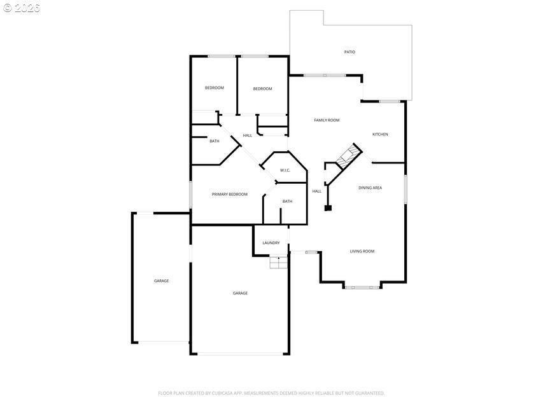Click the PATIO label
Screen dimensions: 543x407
349,52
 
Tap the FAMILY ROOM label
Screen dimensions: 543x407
327,120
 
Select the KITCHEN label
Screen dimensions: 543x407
380,134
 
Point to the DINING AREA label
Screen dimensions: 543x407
370,188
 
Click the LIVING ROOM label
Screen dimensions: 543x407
362,251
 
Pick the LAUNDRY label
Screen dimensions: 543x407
271,243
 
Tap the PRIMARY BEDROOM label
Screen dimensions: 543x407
230,195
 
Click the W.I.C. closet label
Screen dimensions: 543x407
285,170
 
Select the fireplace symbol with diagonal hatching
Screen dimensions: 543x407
348,155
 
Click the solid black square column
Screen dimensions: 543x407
328,208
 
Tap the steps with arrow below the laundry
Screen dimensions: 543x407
279,263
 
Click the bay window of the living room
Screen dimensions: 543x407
362,287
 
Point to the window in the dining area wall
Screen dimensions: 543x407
405,190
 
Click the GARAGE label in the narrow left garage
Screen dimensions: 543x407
162,280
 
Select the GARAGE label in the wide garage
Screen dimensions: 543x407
240,293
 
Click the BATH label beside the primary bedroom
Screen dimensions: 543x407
287,202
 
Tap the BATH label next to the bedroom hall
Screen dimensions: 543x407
215,141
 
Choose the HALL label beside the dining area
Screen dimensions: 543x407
317,191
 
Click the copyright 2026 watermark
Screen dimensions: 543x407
22,8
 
